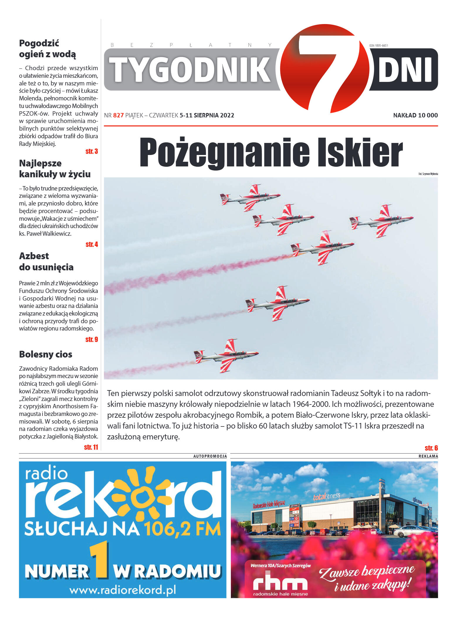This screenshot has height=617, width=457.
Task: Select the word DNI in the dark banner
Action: click(405, 70)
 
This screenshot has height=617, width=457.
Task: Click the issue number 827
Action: click(118, 115)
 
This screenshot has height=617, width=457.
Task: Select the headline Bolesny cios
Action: click(45, 354)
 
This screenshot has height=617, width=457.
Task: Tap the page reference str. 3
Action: click(92, 151)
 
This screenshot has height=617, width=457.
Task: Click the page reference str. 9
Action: click(92, 340)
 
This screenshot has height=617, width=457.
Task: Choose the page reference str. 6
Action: click(431, 448)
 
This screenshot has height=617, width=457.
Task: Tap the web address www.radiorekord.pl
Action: click(122, 590)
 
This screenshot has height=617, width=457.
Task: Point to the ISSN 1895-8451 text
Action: click(378, 45)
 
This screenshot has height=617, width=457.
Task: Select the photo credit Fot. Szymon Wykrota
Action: click(428, 174)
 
